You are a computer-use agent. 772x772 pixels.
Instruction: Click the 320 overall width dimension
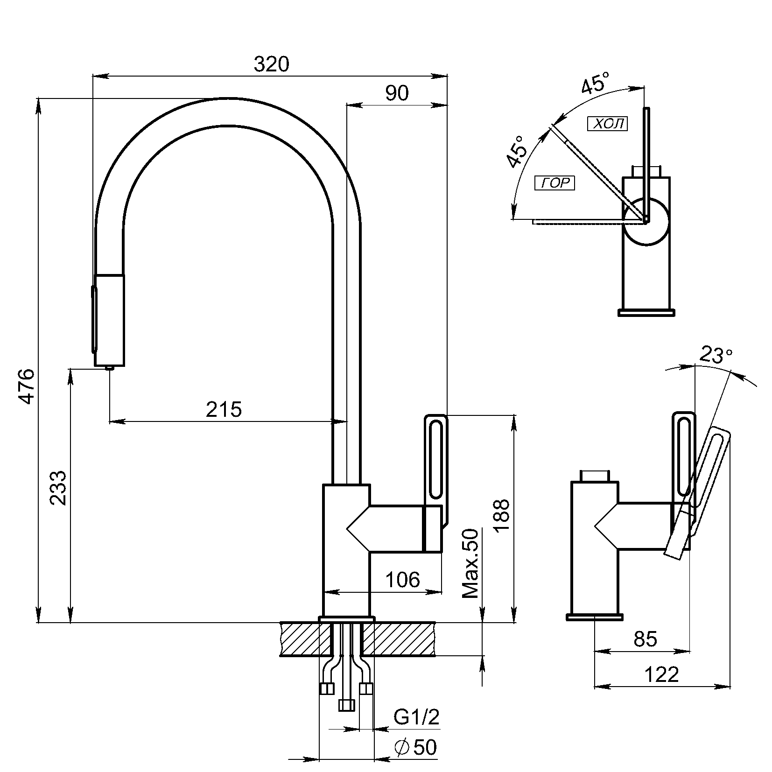pyautogui.click(x=271, y=64)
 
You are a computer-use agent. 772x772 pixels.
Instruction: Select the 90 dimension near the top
pyautogui.click(x=397, y=93)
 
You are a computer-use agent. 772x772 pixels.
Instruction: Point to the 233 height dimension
pyautogui.click(x=59, y=488)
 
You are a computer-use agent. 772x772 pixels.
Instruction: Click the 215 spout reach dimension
pyautogui.click(x=224, y=410)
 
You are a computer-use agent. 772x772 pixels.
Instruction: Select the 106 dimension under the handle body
pyautogui.click(x=402, y=580)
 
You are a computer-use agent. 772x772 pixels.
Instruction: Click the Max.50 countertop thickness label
pyautogui.click(x=471, y=563)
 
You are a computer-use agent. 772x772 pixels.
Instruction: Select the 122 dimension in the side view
pyautogui.click(x=661, y=674)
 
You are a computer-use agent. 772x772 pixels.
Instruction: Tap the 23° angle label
pyautogui.click(x=715, y=356)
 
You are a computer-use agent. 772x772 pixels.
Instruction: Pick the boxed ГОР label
pyautogui.click(x=555, y=183)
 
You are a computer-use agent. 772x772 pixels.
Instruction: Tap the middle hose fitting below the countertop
pyautogui.click(x=346, y=705)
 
